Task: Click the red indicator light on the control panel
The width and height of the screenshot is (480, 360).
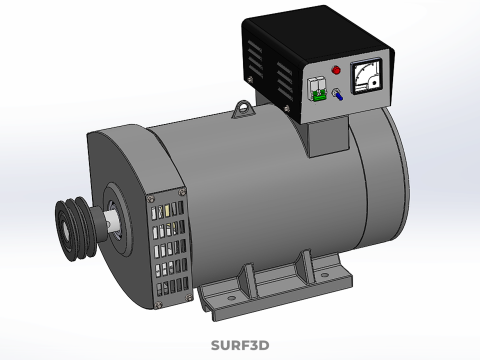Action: pos(336,71)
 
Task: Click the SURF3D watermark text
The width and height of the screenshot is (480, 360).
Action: pos(240,346)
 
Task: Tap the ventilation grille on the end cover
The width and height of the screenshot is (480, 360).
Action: pos(167,246)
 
